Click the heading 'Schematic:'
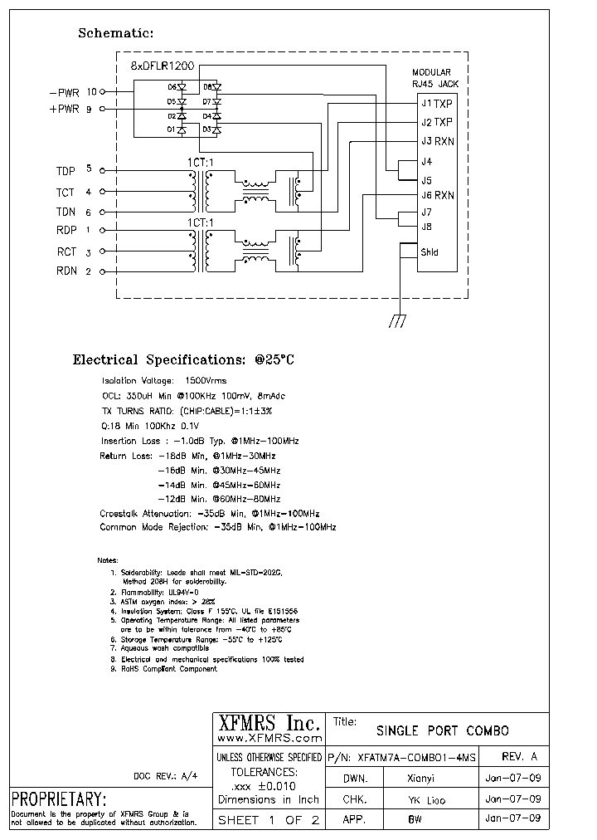[x=116, y=33]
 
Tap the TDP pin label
[x=66, y=171]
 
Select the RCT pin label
[x=66, y=251]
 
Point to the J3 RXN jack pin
[x=437, y=141]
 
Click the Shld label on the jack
[x=430, y=252]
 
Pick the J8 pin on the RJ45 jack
[x=427, y=226]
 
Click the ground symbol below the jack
[x=398, y=321]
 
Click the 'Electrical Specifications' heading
[x=183, y=360]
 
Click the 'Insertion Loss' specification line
[x=199, y=441]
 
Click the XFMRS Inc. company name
[x=267, y=721]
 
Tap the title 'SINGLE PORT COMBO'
[x=443, y=731]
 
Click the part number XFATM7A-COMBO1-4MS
[x=415, y=757]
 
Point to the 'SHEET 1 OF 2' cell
[x=267, y=820]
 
